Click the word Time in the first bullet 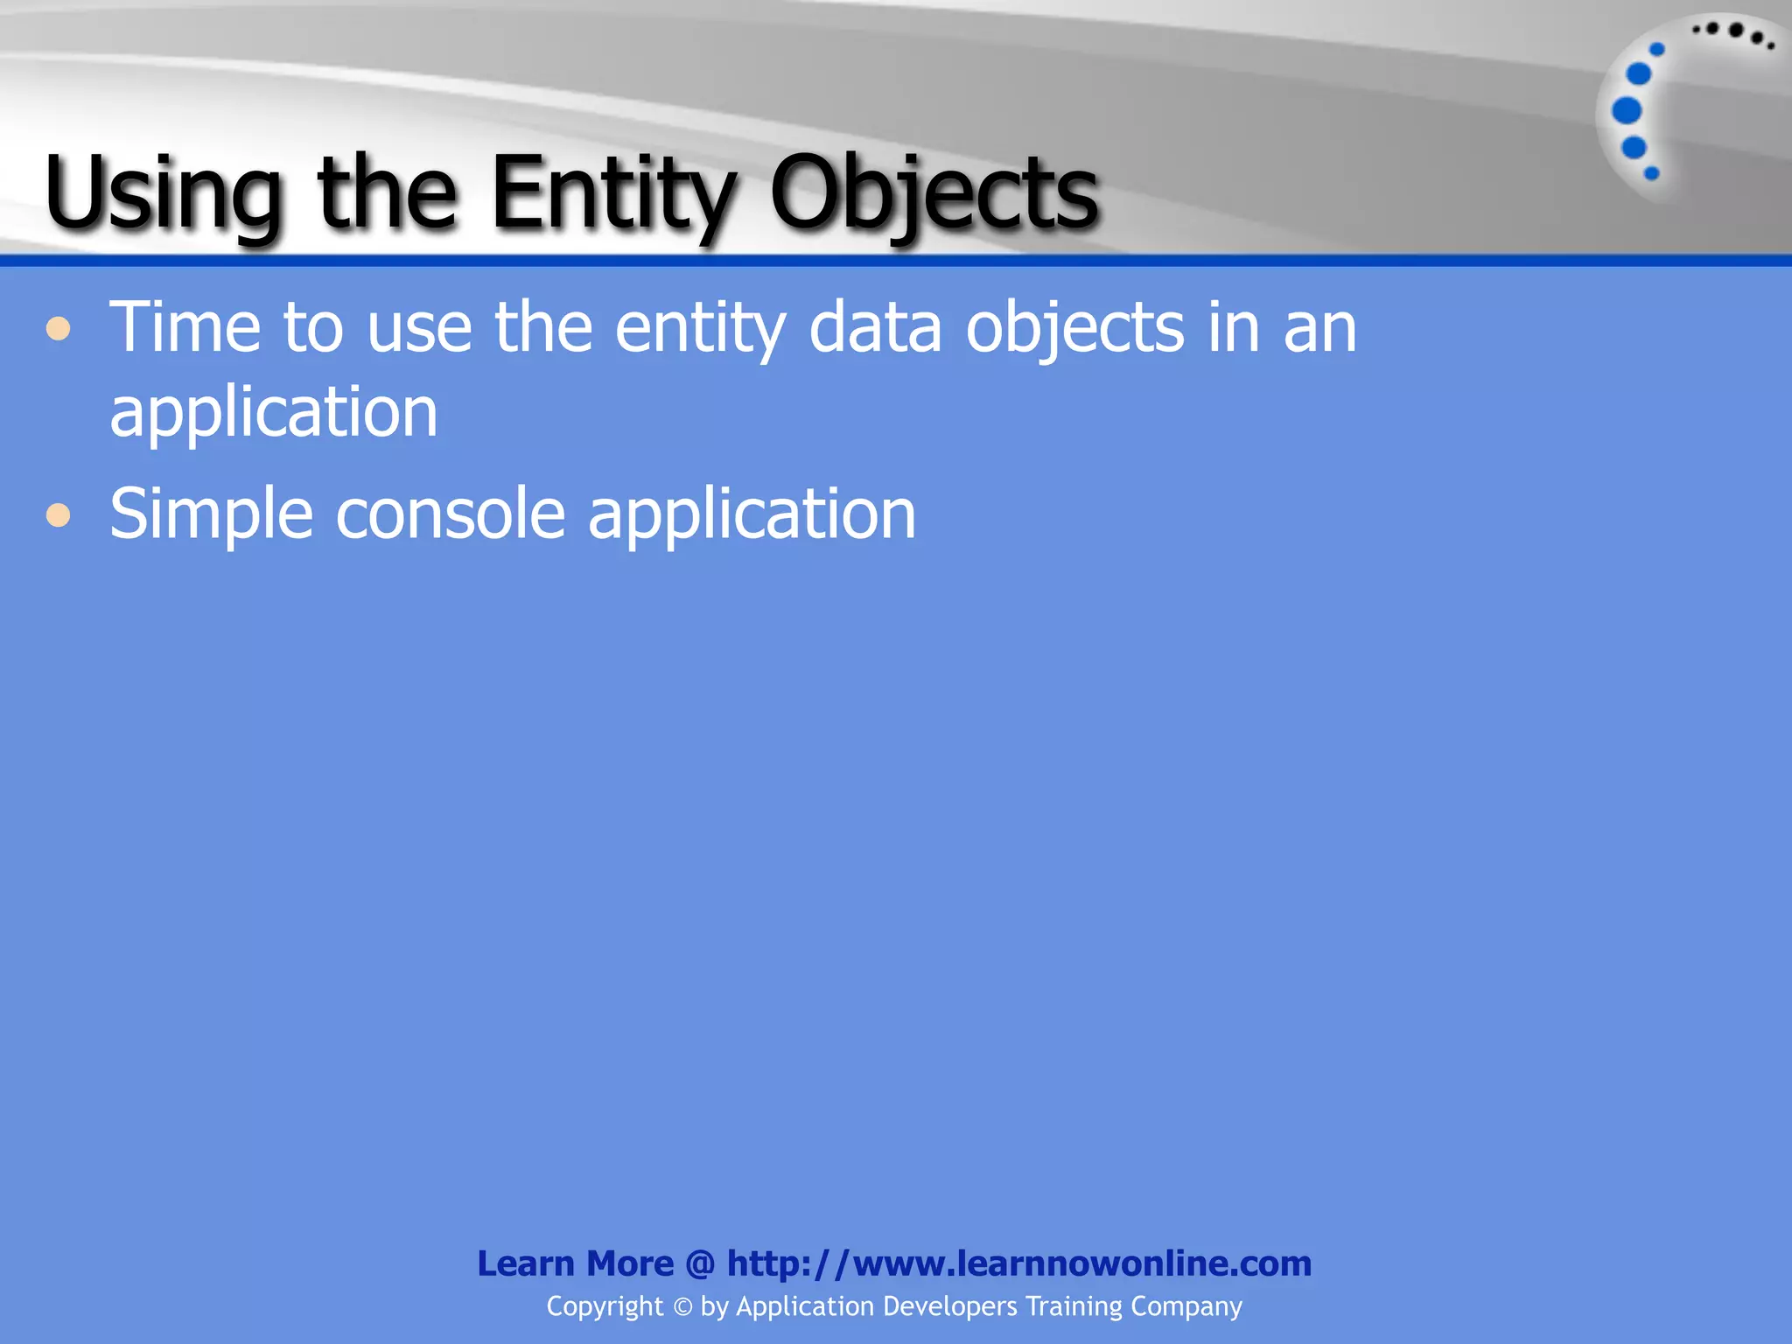coord(185,327)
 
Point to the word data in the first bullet coord(875,327)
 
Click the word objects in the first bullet coord(1075,329)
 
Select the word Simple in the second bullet coord(211,514)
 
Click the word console coord(451,514)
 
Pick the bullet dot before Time coord(59,330)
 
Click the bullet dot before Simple coord(59,514)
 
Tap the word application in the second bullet coord(752,514)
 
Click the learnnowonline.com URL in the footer coord(1019,1263)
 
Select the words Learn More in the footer coord(575,1263)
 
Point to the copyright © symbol coord(682,1307)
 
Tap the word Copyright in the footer coord(605,1306)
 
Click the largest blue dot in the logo coord(1627,111)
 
